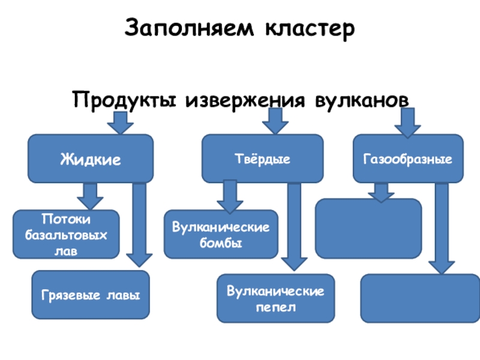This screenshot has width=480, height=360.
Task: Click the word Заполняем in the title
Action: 189,28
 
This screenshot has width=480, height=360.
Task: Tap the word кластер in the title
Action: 310,29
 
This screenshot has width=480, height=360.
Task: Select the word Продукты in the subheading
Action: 124,100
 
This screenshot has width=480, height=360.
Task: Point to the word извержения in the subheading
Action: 245,100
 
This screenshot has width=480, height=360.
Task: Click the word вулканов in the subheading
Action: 362,100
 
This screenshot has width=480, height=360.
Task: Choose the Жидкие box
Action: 91,158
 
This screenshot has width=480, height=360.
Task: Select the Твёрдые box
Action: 262,158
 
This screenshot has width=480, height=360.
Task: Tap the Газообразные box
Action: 408,158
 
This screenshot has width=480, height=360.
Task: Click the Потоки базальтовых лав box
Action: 66,234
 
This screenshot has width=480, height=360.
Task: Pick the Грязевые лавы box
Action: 91,295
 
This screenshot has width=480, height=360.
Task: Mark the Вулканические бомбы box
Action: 221,234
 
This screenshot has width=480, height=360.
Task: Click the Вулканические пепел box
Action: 276,298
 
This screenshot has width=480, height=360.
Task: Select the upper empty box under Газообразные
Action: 368,229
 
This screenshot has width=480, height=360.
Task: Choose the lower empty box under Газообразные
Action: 421,298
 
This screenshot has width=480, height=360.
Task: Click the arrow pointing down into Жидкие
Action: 121,123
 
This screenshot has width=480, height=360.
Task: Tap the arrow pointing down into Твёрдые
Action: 275,121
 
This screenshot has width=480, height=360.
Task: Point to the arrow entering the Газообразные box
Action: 407,123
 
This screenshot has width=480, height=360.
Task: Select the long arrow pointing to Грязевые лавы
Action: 139,225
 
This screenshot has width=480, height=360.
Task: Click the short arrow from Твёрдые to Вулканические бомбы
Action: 230,197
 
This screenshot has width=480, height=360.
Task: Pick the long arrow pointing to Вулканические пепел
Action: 294,227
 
